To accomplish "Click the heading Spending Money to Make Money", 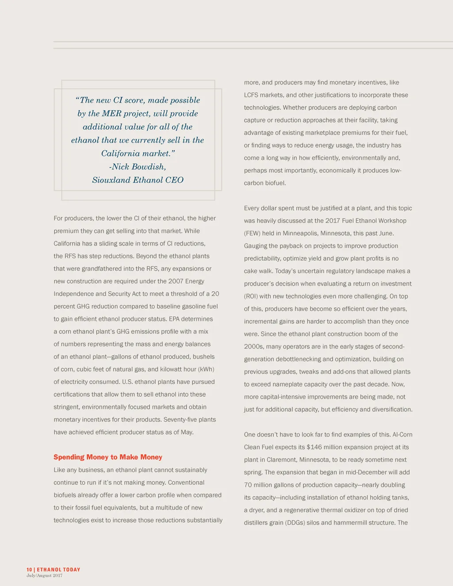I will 108,457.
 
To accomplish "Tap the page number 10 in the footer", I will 29,570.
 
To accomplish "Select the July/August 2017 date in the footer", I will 44,575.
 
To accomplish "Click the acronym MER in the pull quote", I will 111,114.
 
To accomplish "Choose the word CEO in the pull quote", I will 174,180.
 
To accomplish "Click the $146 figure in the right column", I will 314,447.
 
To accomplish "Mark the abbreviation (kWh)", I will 206,369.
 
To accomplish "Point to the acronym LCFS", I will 253,95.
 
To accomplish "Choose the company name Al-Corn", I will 402,434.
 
